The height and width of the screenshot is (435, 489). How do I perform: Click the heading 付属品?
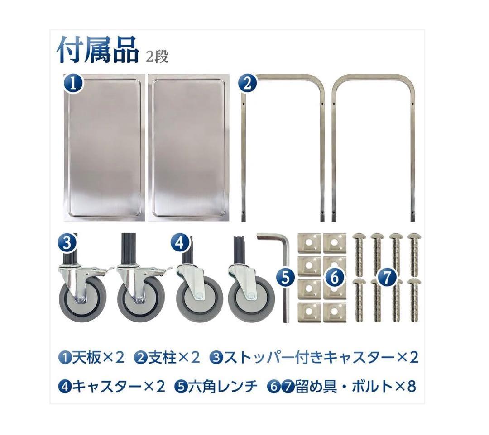[x=98, y=50]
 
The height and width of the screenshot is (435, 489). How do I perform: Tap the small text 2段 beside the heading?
[x=157, y=57]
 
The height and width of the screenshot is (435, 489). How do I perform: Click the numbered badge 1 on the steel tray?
[x=73, y=84]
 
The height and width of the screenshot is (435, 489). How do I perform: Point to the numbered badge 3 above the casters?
[x=67, y=243]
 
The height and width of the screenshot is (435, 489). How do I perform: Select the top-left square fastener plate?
[x=309, y=243]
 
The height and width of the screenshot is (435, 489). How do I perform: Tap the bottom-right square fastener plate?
[x=334, y=312]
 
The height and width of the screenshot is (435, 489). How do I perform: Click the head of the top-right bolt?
[x=414, y=236]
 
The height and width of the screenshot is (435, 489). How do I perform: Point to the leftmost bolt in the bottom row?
[x=359, y=300]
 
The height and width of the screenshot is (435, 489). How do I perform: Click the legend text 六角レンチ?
[x=222, y=387]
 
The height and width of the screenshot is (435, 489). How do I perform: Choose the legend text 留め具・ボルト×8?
[x=355, y=387]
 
